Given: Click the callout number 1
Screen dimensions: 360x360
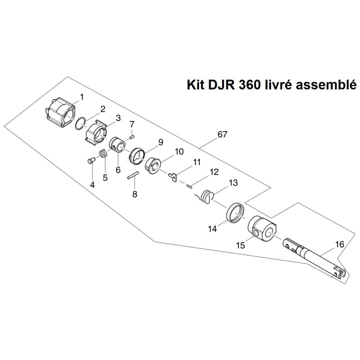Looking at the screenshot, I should tap(81, 95).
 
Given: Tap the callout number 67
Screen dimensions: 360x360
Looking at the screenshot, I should tap(223, 135).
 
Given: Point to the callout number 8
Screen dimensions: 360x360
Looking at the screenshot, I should tap(134, 194).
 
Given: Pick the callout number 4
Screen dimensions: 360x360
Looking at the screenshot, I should tap(92, 184).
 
